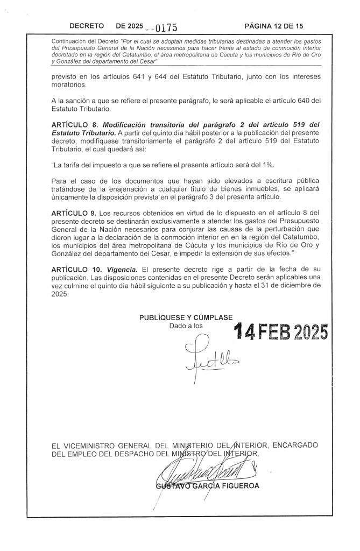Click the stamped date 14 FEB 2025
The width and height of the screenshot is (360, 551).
click(279, 333)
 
